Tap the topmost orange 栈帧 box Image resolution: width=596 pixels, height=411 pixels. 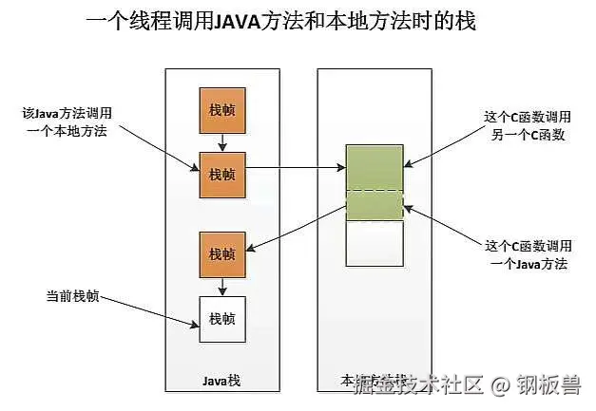click(x=221, y=110)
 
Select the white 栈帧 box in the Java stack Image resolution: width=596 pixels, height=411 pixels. click(x=221, y=319)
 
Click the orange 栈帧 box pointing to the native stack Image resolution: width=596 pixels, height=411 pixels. click(x=221, y=175)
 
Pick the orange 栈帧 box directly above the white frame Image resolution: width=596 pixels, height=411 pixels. click(x=221, y=253)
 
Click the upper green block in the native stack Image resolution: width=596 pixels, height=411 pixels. click(x=375, y=168)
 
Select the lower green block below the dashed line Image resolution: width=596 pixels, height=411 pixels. click(x=375, y=206)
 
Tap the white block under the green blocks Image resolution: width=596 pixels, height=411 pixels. click(x=375, y=244)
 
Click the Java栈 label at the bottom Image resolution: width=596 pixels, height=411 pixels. click(x=221, y=383)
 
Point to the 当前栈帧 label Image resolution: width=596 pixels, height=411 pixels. click(x=72, y=295)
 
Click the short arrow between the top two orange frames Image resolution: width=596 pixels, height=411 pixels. click(x=221, y=141)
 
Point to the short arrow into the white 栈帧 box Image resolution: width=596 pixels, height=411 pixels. click(x=221, y=286)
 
